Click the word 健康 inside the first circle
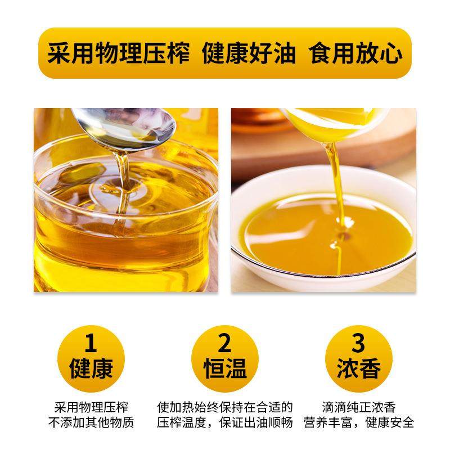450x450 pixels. (91, 369)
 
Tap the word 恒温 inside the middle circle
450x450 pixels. (224, 369)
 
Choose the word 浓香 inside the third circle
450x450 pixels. (358, 369)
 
